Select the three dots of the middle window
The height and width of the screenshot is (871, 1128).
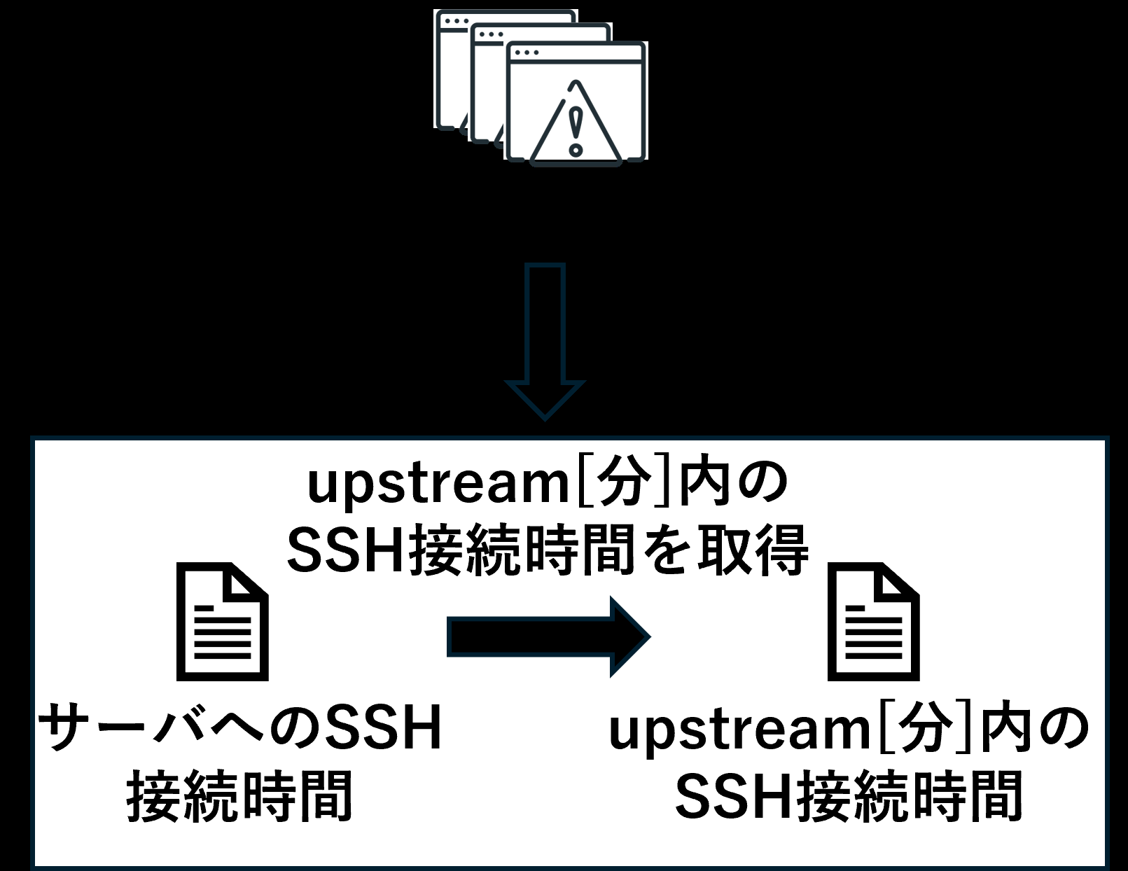tap(491, 34)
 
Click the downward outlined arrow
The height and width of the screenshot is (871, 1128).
tap(545, 342)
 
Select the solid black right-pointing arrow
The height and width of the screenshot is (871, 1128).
tap(549, 637)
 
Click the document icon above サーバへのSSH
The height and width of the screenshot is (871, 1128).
tap(222, 621)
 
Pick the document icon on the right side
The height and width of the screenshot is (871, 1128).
tap(874, 621)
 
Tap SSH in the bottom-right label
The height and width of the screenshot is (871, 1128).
tap(734, 797)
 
